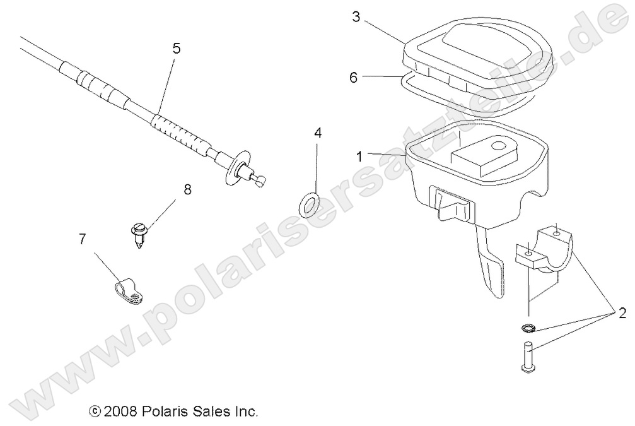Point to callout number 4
pyautogui.click(x=318, y=133)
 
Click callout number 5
pyautogui.click(x=176, y=48)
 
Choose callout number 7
pyautogui.click(x=82, y=239)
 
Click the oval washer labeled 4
pyautogui.click(x=308, y=204)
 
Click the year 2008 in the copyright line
pyautogui.click(x=121, y=411)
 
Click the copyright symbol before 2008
pyautogui.click(x=95, y=411)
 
